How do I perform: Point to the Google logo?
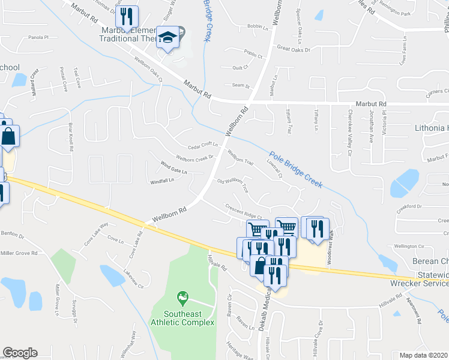coord(20,353)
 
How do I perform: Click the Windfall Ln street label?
coord(161,181)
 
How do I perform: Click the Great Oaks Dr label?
coord(293,49)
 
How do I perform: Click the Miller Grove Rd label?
coord(19,253)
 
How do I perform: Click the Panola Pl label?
coord(38,37)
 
